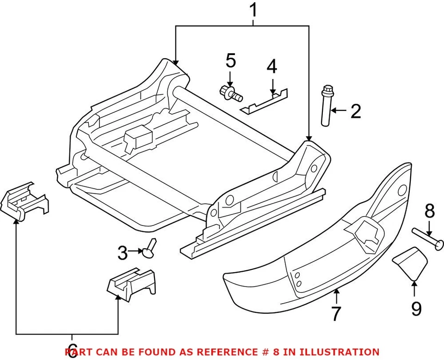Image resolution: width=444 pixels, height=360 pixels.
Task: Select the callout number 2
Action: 355,111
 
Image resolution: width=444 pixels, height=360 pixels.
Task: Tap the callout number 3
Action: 122,252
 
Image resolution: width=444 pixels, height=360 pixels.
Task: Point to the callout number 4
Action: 272,67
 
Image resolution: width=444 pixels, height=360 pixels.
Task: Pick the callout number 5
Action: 231,61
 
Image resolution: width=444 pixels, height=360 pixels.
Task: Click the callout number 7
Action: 336,313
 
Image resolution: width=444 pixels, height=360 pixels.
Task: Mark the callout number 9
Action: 416,308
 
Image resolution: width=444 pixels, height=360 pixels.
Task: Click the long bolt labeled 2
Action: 326,106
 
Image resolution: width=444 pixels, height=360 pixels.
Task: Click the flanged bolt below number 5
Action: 230,92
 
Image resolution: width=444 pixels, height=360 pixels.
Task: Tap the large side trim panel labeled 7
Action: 324,250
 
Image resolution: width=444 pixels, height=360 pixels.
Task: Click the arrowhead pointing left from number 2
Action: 335,110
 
